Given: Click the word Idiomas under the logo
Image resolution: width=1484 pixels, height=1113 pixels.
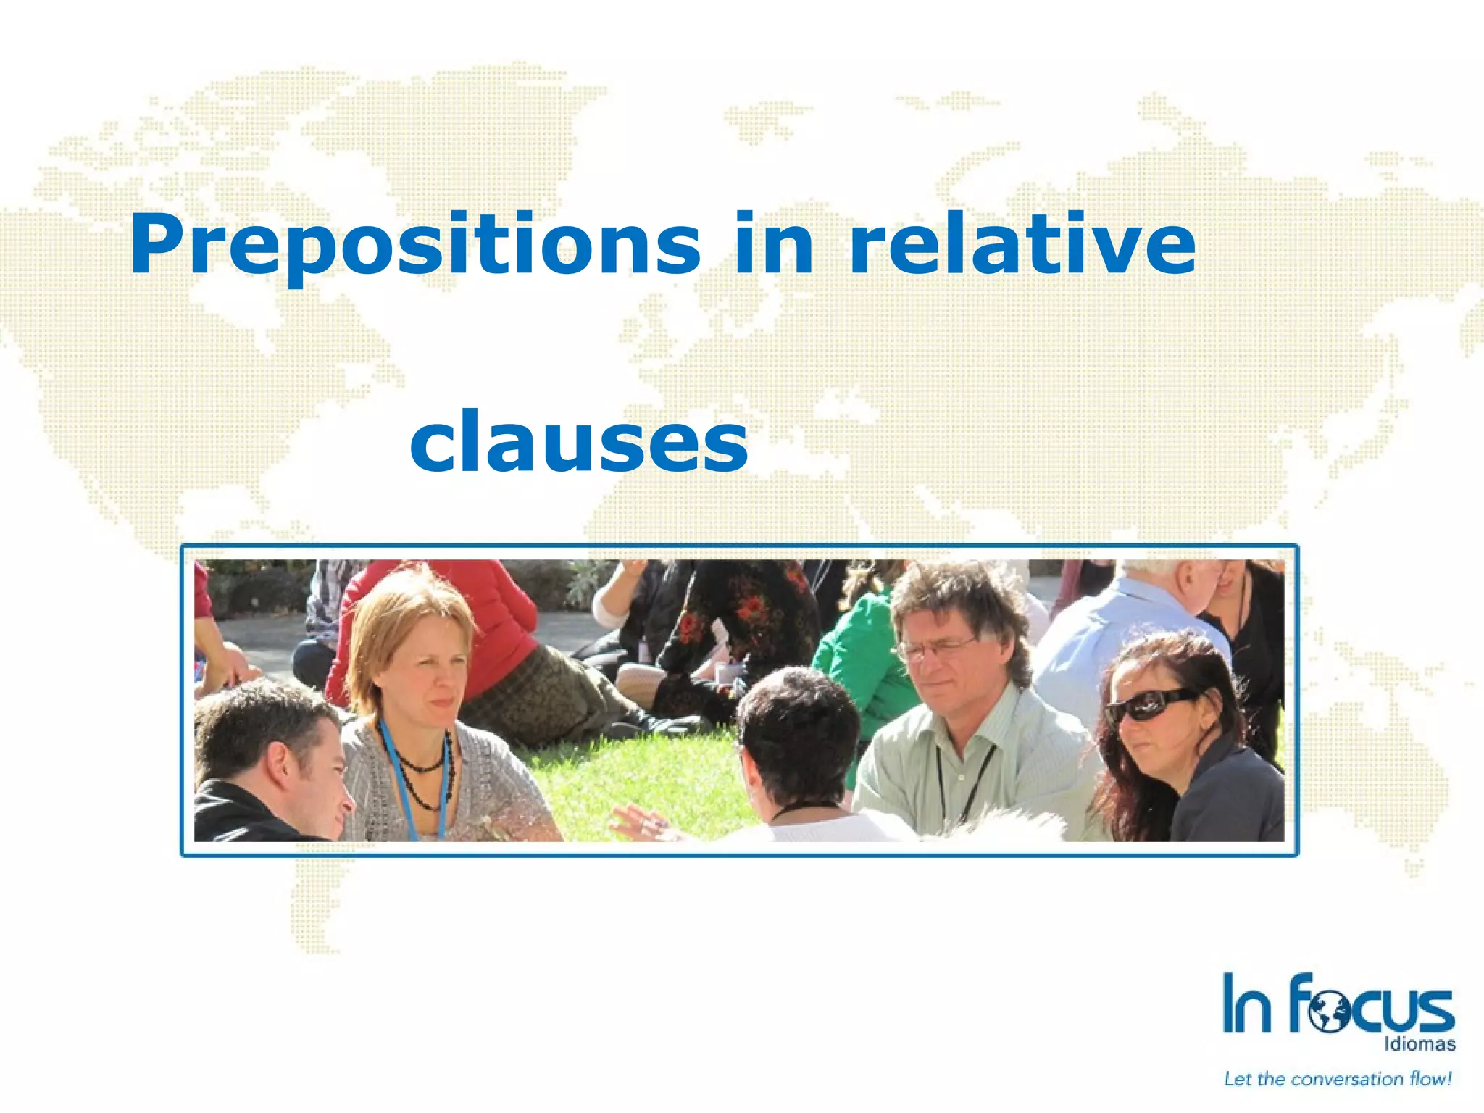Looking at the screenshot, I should pyautogui.click(x=1420, y=1044).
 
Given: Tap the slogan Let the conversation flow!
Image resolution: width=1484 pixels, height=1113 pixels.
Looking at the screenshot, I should pyautogui.click(x=1338, y=1080).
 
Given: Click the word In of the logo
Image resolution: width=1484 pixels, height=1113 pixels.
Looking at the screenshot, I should pyautogui.click(x=1246, y=1004).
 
